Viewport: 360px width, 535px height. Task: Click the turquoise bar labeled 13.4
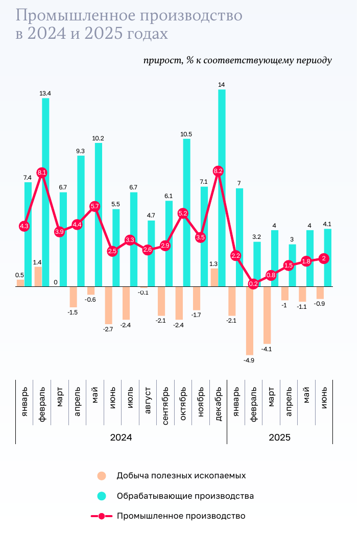[x=45, y=191]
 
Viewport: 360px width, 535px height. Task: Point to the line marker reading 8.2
[x=218, y=171]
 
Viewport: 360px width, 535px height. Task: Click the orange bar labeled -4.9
[x=250, y=321]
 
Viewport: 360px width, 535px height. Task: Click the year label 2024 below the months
[x=121, y=437]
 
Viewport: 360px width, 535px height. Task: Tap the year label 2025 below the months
[x=279, y=437]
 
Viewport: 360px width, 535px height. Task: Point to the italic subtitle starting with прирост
[x=237, y=60]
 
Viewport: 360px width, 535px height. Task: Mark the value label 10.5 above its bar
[x=186, y=134]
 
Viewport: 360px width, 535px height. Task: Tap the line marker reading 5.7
[x=95, y=206]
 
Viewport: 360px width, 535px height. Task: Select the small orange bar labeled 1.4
[x=38, y=276]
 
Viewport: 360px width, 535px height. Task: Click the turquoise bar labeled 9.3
[x=81, y=221]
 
